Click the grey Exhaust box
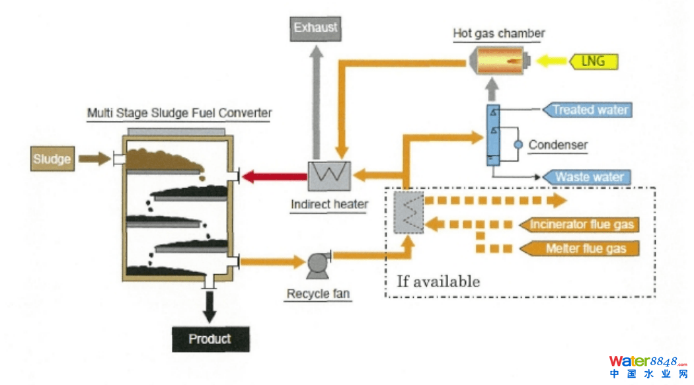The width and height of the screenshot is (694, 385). pos(315,28)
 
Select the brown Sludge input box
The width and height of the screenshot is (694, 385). pos(52,158)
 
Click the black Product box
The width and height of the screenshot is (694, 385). pos(210,339)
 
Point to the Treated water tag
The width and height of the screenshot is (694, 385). pos(587,110)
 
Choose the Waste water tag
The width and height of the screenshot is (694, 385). pos(587,176)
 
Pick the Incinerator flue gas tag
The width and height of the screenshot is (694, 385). pos(580,225)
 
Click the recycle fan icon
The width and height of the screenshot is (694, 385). pos(317,263)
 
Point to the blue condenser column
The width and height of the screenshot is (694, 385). pos(493,135)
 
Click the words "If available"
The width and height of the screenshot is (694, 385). pos(438,281)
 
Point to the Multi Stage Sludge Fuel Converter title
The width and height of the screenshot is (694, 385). pos(179,113)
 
